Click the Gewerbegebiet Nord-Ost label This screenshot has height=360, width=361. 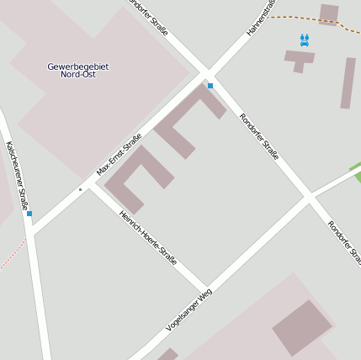(84, 71)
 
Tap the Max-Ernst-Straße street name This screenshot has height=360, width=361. (119, 155)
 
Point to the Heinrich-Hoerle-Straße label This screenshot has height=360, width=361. (148, 238)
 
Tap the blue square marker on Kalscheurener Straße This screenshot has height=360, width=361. (29, 214)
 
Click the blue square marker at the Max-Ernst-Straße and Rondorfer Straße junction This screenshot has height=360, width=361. (210, 86)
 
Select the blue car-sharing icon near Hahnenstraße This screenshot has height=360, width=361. (305, 40)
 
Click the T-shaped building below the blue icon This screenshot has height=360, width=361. (299, 59)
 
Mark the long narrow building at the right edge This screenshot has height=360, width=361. (348, 82)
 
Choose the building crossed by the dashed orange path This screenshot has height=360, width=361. (329, 13)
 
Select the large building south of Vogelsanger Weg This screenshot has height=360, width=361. (301, 327)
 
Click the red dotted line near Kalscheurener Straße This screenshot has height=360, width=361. (13, 253)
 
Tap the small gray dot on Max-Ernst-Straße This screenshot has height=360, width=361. (80, 189)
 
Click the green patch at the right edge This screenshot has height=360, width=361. (357, 172)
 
